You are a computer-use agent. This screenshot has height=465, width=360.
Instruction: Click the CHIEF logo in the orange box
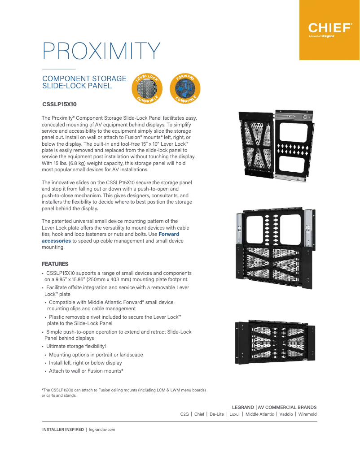(329, 28)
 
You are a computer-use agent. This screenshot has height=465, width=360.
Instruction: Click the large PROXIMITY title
(101, 51)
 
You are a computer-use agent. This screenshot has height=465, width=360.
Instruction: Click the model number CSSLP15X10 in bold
(59, 104)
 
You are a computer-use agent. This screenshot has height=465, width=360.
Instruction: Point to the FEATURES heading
(55, 264)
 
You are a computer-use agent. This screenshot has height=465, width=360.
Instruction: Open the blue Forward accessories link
(110, 237)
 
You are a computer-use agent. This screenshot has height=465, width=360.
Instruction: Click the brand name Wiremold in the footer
(307, 414)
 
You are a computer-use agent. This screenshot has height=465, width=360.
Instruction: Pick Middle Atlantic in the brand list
(260, 414)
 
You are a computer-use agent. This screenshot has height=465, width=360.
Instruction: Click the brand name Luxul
(234, 414)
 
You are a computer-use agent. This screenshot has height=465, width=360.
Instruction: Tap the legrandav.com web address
(102, 430)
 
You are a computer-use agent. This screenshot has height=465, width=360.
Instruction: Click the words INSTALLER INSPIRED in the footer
(63, 430)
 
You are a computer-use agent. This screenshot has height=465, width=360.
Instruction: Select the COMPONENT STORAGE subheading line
(84, 78)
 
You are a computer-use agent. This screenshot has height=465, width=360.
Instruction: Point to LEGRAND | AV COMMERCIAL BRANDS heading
(274, 407)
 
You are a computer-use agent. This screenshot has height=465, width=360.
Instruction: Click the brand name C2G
(184, 414)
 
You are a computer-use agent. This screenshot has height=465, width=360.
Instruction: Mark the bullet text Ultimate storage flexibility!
(76, 346)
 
